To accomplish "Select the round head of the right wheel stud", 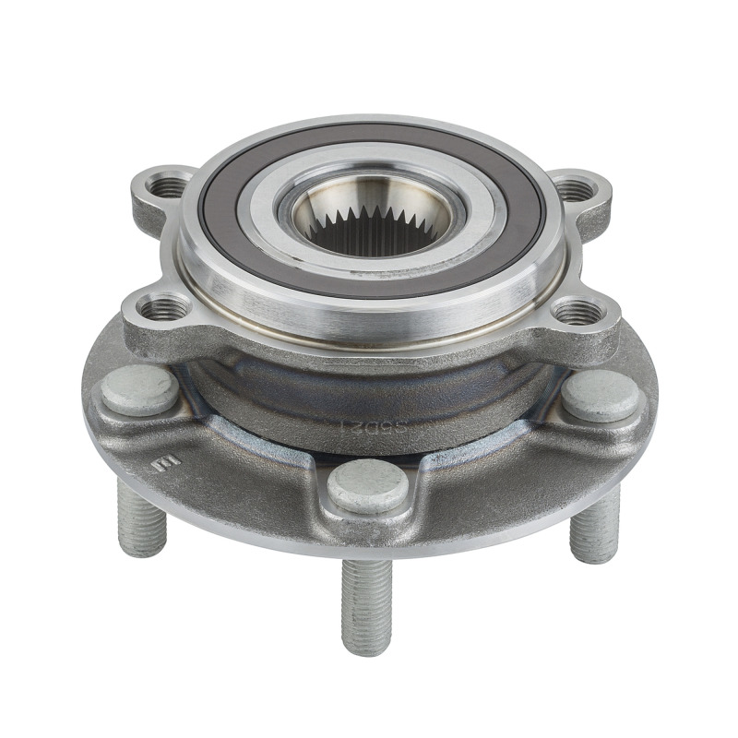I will coord(600,397).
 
